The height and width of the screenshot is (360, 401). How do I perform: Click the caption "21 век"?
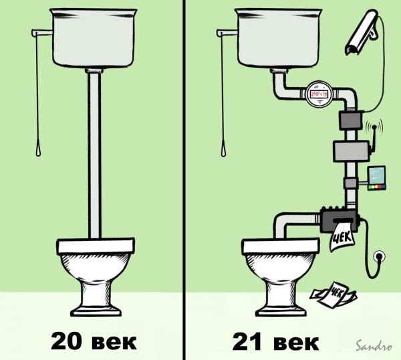(x=275, y=341)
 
